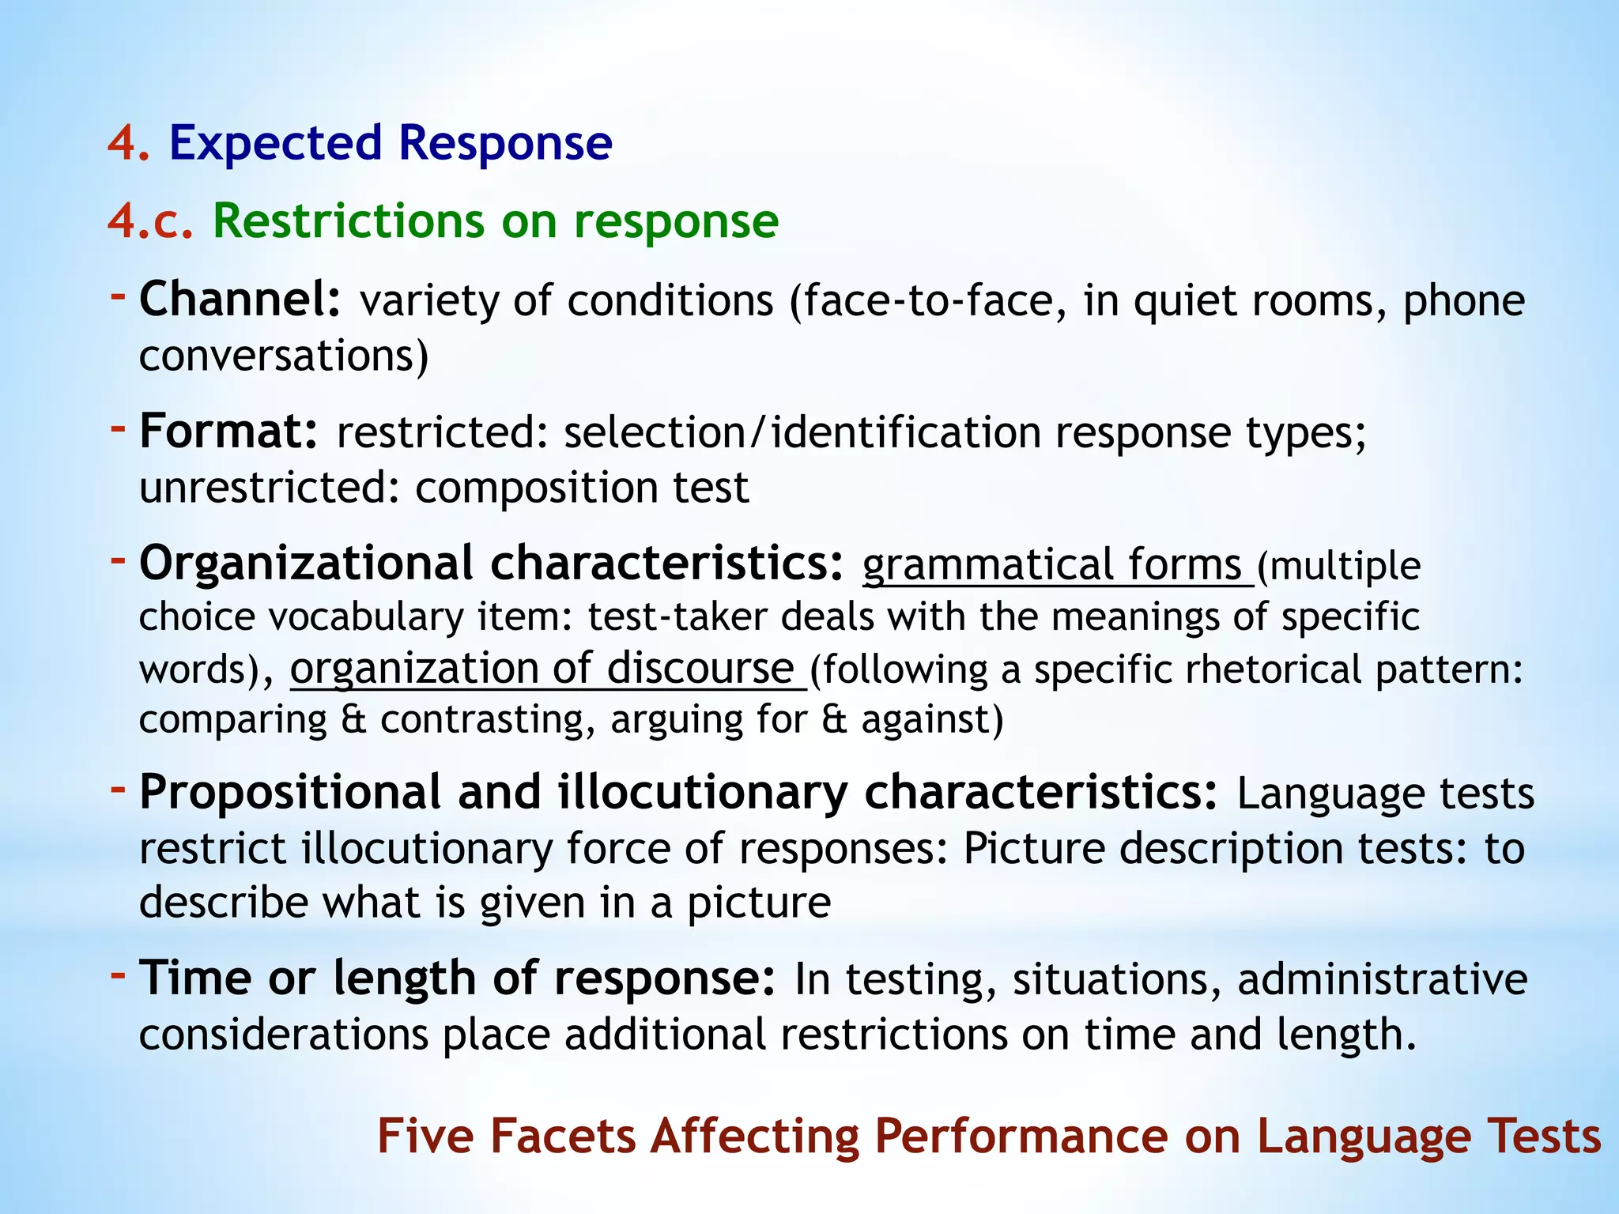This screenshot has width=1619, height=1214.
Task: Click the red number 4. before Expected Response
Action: [x=128, y=144]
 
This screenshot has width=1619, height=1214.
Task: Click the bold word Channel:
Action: [x=240, y=300]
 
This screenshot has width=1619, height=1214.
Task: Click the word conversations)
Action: [x=284, y=356]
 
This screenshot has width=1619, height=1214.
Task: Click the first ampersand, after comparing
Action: [x=353, y=720]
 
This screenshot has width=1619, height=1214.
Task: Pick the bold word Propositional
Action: [x=290, y=793]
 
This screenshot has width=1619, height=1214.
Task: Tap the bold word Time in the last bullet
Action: [x=195, y=978]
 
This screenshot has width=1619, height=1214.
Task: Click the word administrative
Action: [x=1382, y=980]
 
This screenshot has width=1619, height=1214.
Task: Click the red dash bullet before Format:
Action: [x=118, y=429]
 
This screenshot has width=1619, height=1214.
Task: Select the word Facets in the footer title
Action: [x=563, y=1137]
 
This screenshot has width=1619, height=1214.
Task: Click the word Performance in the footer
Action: [x=1021, y=1137]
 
